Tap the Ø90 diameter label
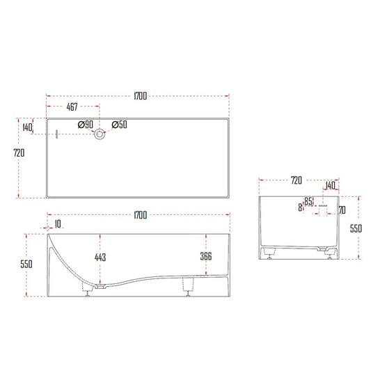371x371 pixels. click(86, 125)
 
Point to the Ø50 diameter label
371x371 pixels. click(119, 125)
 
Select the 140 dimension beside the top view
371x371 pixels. click(28, 128)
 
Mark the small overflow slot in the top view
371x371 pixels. click(57, 134)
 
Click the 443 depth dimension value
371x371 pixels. click(101, 258)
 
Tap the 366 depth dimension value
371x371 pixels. click(205, 257)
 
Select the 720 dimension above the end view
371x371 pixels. click(296, 181)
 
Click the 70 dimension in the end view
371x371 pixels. click(342, 209)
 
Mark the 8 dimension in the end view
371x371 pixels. click(300, 207)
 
